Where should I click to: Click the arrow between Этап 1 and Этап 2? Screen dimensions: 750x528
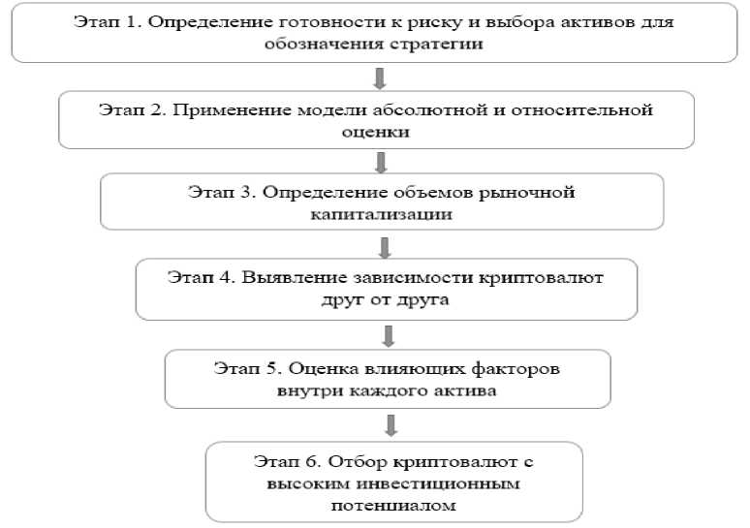coord(381,77)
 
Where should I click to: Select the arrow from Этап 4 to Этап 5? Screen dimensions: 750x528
coord(389,335)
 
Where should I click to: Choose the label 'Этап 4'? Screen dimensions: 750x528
coord(199,278)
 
